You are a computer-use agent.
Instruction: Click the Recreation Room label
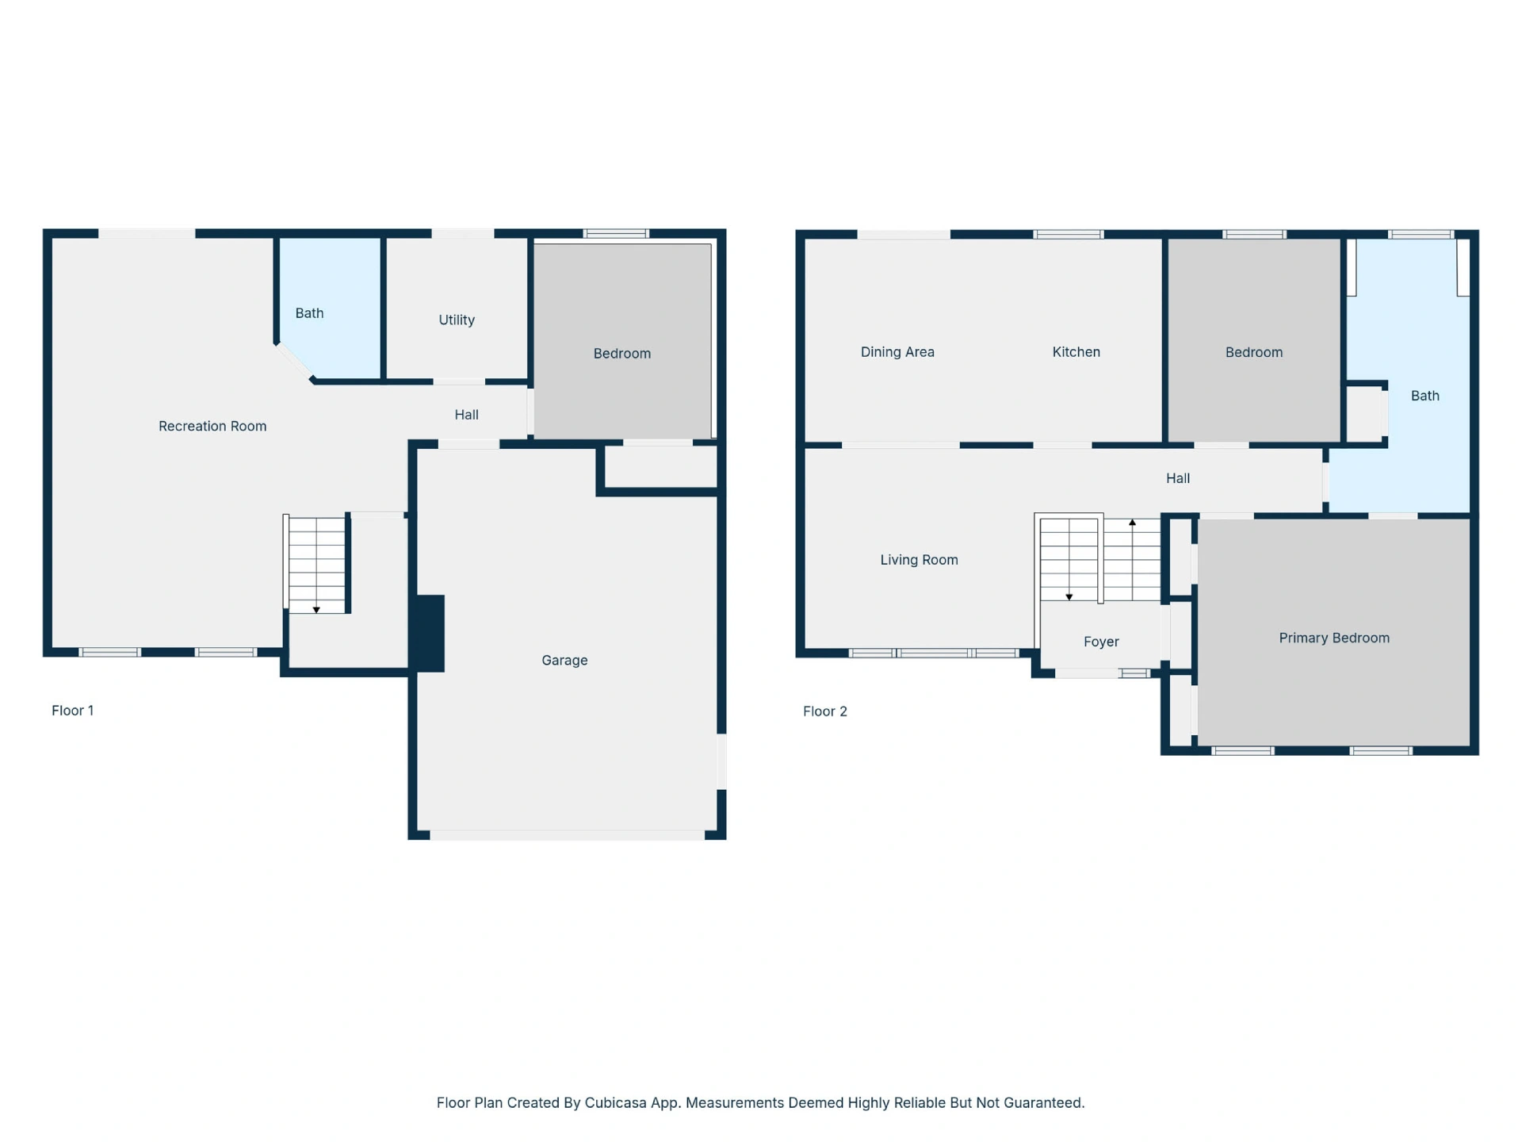[x=212, y=426]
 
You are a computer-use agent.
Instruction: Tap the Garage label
[x=564, y=660]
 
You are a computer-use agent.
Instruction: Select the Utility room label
[x=457, y=320]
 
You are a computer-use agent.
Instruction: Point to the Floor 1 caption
[x=73, y=711]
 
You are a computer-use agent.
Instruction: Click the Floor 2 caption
[x=825, y=711]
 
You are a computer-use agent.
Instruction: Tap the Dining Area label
[x=897, y=352]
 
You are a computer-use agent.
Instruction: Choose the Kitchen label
[x=1076, y=352]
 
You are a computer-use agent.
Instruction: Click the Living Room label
[x=919, y=560]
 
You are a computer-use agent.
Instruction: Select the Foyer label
[x=1101, y=642]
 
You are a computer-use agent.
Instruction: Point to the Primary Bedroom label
[x=1334, y=638]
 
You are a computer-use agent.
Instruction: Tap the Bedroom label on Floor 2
[x=1254, y=352]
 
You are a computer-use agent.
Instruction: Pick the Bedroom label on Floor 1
[x=622, y=354]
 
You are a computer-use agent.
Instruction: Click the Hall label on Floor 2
[x=1178, y=478]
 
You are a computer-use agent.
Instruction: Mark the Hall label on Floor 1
[x=466, y=415]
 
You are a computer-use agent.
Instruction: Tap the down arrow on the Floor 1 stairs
[x=316, y=609]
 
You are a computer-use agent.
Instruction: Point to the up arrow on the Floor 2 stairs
[x=1133, y=523]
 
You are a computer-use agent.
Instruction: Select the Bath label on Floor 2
[x=1424, y=396]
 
